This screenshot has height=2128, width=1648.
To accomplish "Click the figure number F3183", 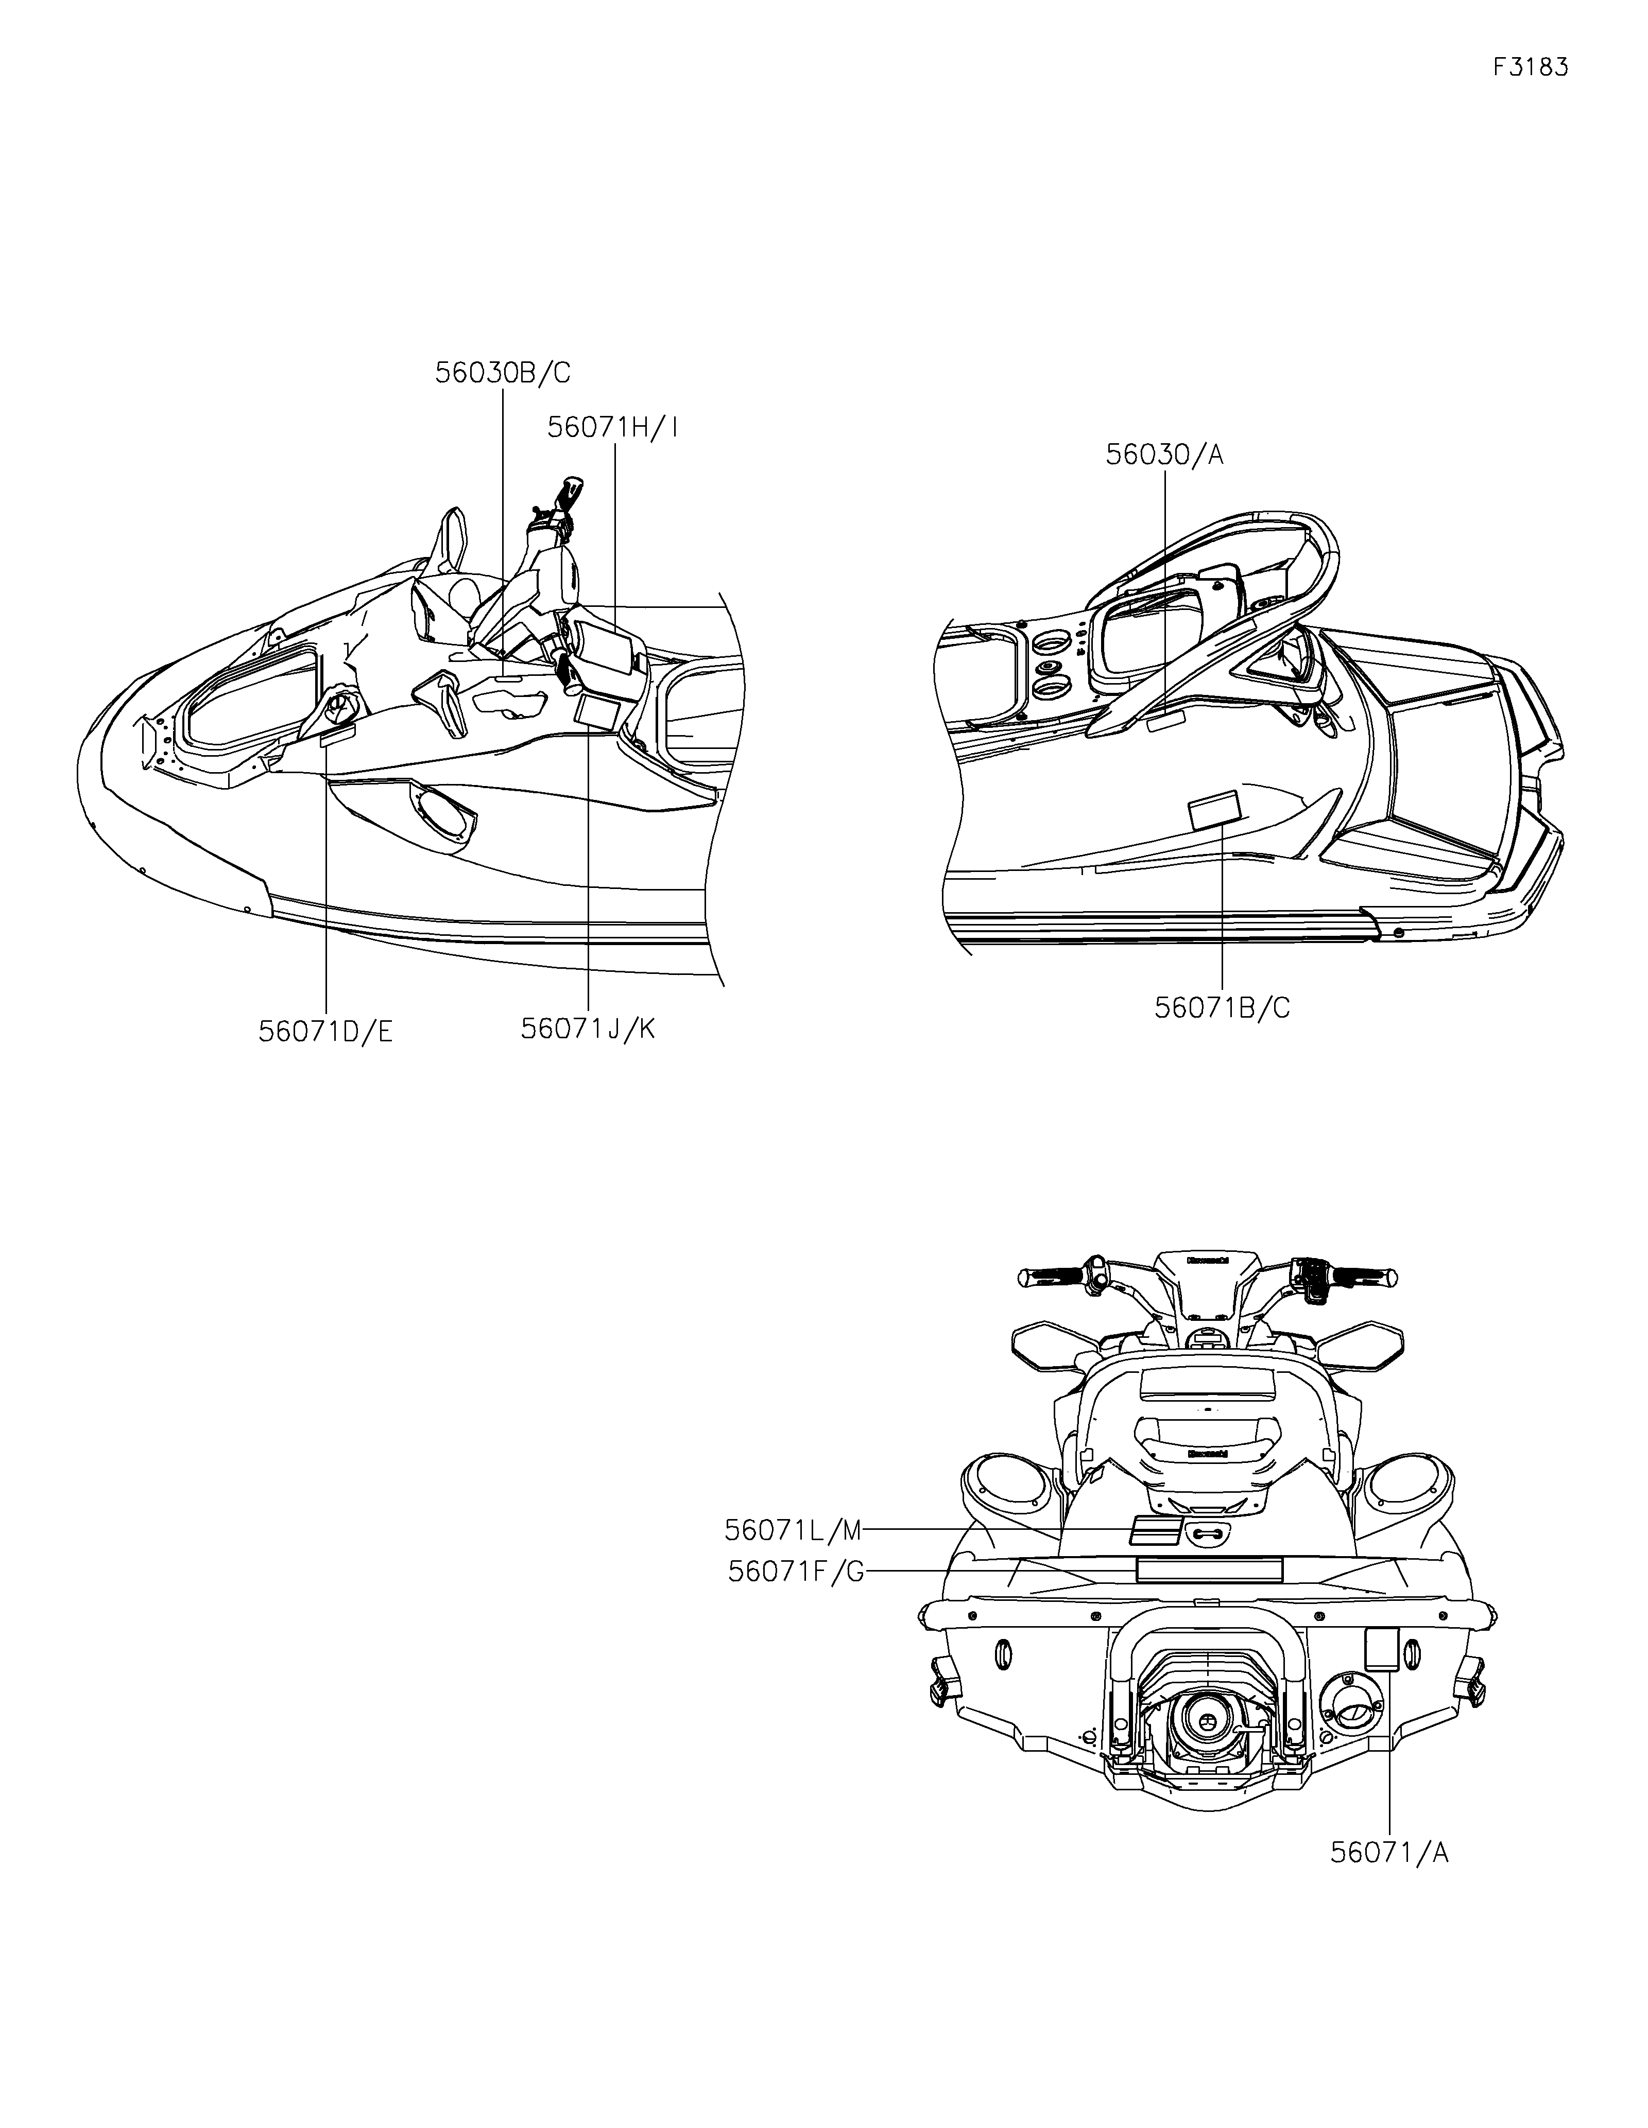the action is [1530, 67].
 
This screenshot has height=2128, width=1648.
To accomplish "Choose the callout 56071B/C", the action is [1222, 1007].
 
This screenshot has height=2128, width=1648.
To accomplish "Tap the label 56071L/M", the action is [793, 1531].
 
